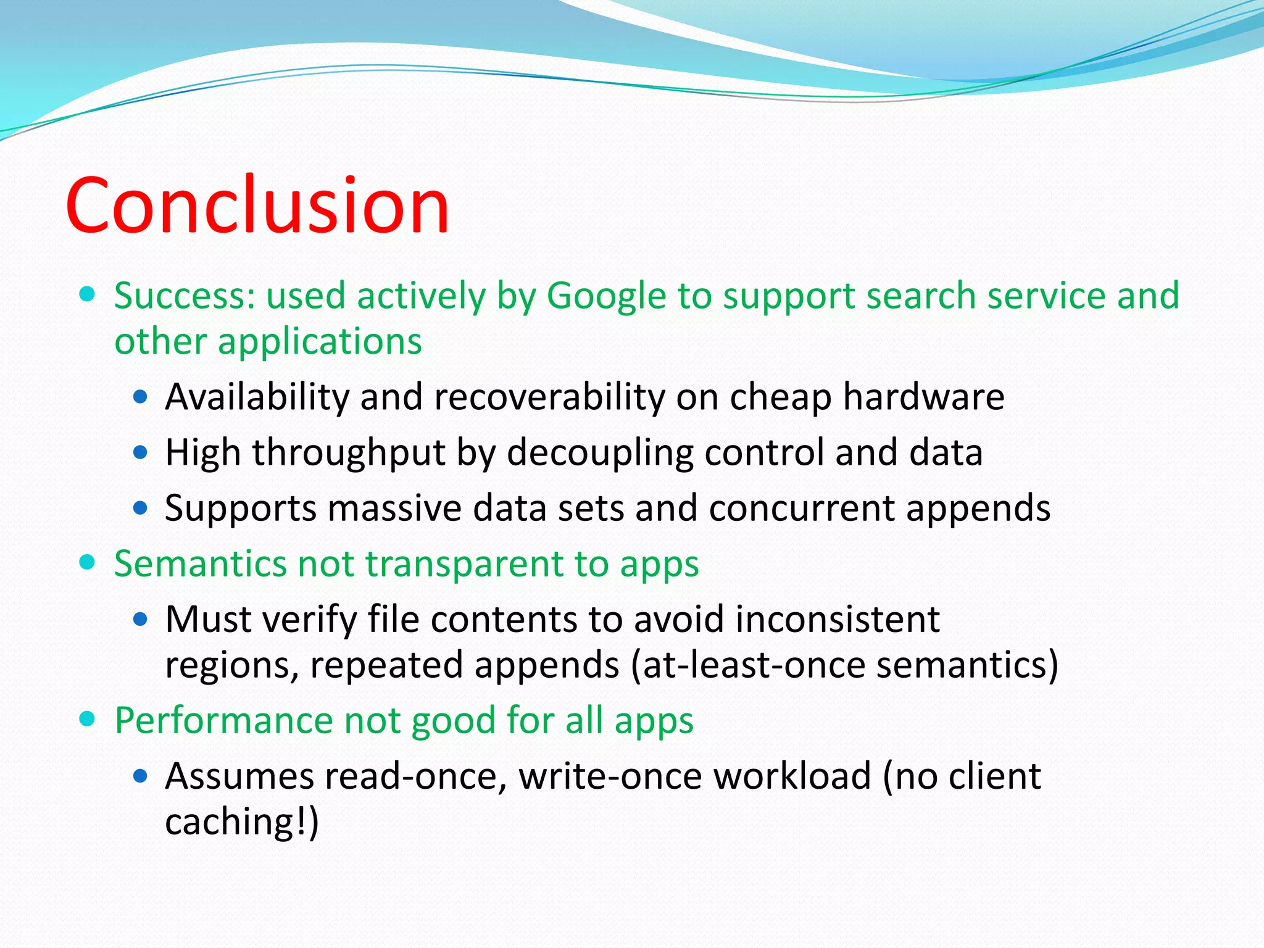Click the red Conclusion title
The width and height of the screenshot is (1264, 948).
click(257, 206)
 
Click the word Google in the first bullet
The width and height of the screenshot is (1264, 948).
click(607, 296)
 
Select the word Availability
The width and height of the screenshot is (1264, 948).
click(257, 397)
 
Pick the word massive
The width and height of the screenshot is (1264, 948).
click(394, 509)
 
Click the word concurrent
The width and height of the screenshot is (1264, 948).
click(802, 509)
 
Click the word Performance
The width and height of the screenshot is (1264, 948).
click(223, 721)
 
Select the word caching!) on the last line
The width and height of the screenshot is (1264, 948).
click(242, 822)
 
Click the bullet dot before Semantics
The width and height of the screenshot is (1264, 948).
click(88, 562)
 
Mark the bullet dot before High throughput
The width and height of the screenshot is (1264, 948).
click(141, 453)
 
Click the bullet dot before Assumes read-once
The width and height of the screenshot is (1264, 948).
click(141, 776)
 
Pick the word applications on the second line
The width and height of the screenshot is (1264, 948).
click(320, 341)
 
